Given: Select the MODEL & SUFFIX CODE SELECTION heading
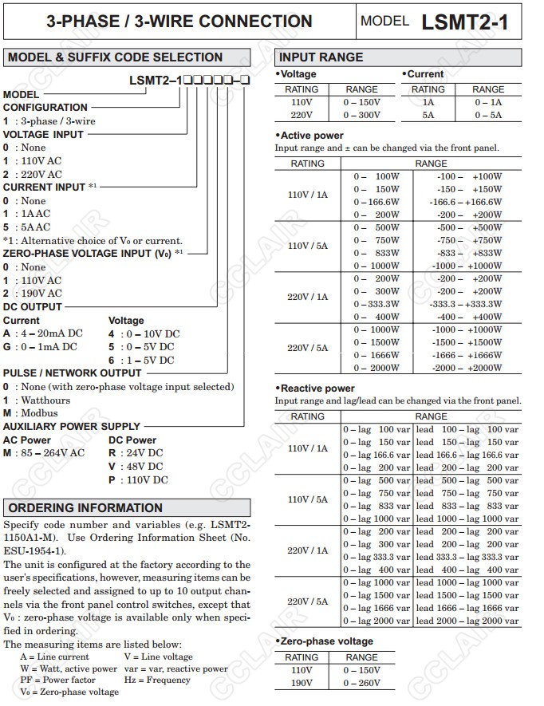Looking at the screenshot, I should coord(115,57).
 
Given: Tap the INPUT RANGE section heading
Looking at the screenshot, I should coord(321,57).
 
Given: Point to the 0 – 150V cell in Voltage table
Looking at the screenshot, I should coord(361,102).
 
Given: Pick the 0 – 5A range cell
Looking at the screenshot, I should coord(488,115).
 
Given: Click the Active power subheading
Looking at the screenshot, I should coord(311,136).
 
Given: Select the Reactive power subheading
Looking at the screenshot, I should coord(317,388).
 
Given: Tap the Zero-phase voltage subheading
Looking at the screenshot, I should coord(326,641).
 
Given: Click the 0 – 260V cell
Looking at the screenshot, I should coord(361,683).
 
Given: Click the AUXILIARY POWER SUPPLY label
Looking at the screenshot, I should coord(72,426).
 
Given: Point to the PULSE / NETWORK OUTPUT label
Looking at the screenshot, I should coord(73,373).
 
